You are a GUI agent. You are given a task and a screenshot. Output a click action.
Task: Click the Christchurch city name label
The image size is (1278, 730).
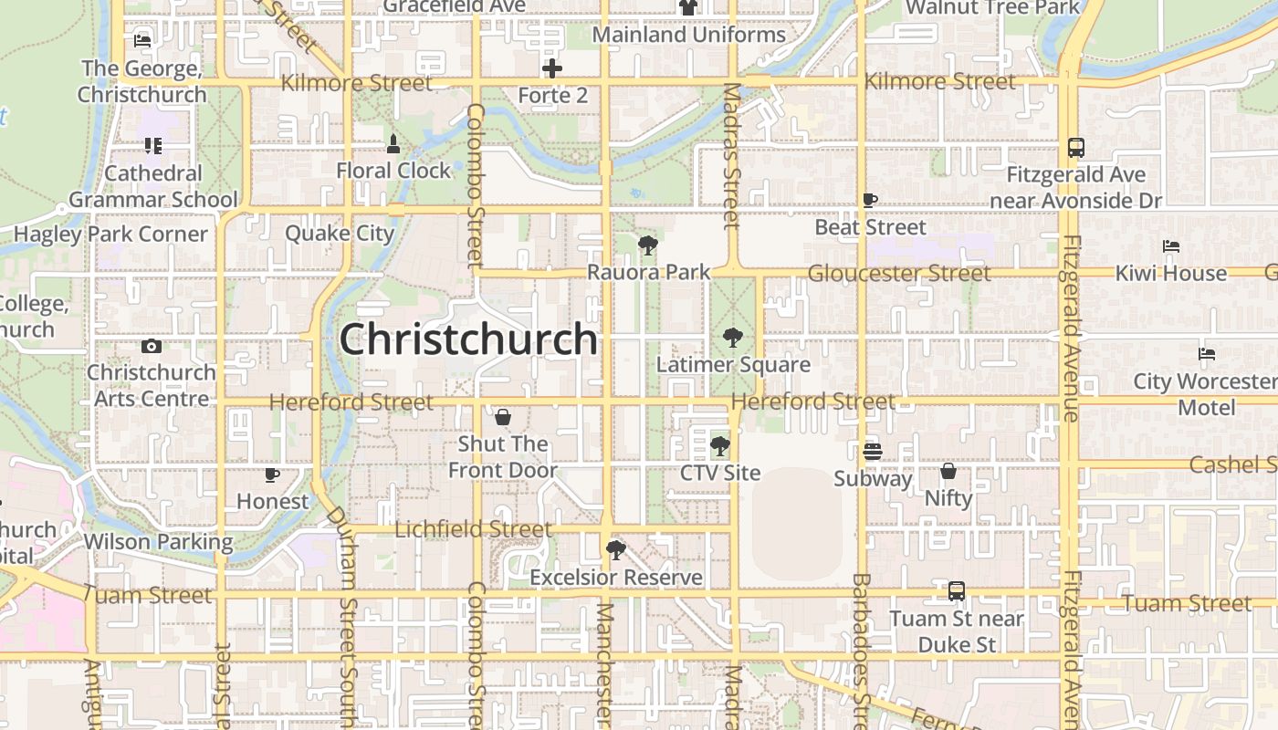(x=468, y=339)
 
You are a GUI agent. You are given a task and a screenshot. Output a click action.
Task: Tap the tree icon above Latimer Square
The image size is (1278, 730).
(x=732, y=339)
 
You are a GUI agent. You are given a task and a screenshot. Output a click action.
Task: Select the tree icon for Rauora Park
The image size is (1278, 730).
(x=648, y=245)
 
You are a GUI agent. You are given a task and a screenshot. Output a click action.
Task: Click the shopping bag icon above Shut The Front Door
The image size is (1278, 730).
(x=502, y=417)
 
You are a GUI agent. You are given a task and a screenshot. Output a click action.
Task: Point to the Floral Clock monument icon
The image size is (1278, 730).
(x=393, y=143)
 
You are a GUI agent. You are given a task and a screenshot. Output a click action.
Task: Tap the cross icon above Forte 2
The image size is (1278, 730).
(x=552, y=68)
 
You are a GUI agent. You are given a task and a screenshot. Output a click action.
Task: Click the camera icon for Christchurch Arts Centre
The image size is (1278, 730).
(x=152, y=346)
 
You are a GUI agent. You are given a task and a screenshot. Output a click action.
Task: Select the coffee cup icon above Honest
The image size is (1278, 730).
(x=271, y=474)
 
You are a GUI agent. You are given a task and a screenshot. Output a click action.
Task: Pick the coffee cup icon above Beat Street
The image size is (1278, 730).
(x=870, y=200)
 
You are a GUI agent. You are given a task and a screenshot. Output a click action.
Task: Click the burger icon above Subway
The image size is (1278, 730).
(x=873, y=451)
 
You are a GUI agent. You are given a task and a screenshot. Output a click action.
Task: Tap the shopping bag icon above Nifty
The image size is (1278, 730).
(x=948, y=471)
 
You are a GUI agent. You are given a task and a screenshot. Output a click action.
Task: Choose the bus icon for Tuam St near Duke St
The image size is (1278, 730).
(x=956, y=591)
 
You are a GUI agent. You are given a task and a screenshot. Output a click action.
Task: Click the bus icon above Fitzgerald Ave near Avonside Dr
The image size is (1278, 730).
(x=1076, y=148)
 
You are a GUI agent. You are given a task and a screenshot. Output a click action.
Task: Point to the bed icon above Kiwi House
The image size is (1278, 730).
(x=1171, y=246)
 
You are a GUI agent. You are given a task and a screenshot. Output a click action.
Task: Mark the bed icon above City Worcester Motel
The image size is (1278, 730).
(x=1207, y=354)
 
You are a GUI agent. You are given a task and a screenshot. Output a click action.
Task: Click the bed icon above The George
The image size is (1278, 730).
(x=141, y=40)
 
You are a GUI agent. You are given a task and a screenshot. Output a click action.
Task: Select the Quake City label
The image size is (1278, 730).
(x=340, y=233)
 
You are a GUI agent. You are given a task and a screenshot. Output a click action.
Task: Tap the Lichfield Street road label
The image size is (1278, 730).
(x=473, y=529)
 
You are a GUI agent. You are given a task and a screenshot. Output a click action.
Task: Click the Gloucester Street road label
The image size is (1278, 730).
(x=899, y=273)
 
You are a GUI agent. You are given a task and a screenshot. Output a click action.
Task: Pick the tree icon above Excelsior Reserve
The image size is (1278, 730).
(x=616, y=550)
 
